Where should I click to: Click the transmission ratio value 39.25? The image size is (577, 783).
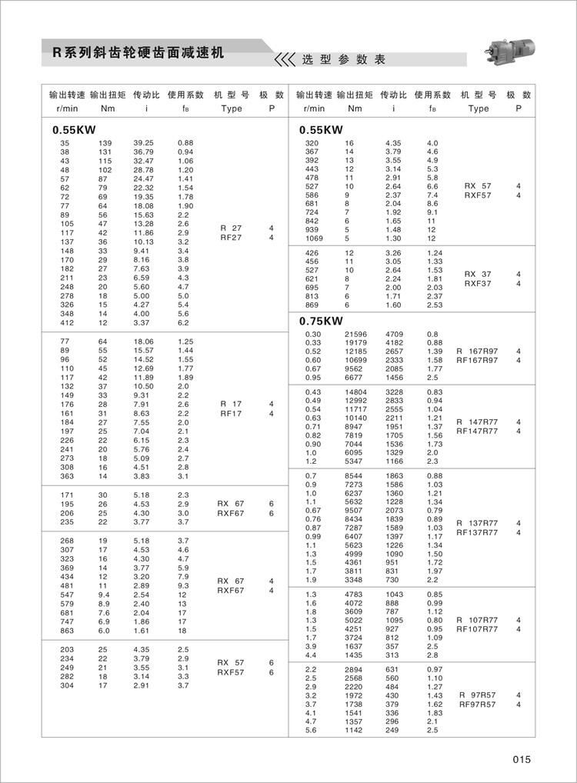point(144,143)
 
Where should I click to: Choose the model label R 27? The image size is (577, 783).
point(231,228)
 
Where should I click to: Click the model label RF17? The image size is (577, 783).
point(231,413)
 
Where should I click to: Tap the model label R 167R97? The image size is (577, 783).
point(478,352)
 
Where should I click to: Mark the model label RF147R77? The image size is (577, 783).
point(478,431)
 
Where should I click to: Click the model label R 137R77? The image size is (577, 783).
point(478,522)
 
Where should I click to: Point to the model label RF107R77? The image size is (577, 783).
point(478,628)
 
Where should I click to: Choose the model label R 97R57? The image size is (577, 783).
point(478,695)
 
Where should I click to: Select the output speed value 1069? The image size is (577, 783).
point(312,238)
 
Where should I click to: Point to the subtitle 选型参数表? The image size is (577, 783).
point(343,59)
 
